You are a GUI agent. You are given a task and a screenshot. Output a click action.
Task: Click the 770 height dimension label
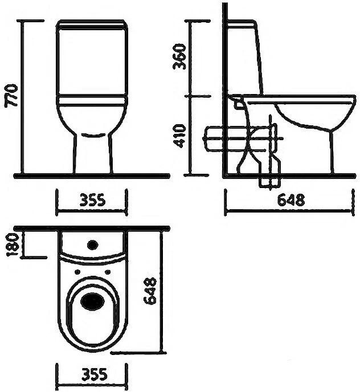(x=11, y=96)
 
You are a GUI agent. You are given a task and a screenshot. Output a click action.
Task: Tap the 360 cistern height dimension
(x=180, y=56)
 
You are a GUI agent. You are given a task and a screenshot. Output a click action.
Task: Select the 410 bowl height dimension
(x=180, y=136)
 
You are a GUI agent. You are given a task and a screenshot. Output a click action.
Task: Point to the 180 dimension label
(x=13, y=245)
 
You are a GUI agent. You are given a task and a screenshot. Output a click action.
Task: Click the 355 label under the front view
(x=93, y=200)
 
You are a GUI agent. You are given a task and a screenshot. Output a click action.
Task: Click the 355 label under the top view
(x=94, y=374)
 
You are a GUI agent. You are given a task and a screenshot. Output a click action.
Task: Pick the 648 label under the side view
(x=291, y=199)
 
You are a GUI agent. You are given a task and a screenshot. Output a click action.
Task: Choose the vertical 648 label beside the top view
(x=150, y=291)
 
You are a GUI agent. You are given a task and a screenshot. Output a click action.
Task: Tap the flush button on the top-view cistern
(x=92, y=245)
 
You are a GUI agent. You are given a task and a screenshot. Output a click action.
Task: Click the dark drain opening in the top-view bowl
(x=92, y=301)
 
